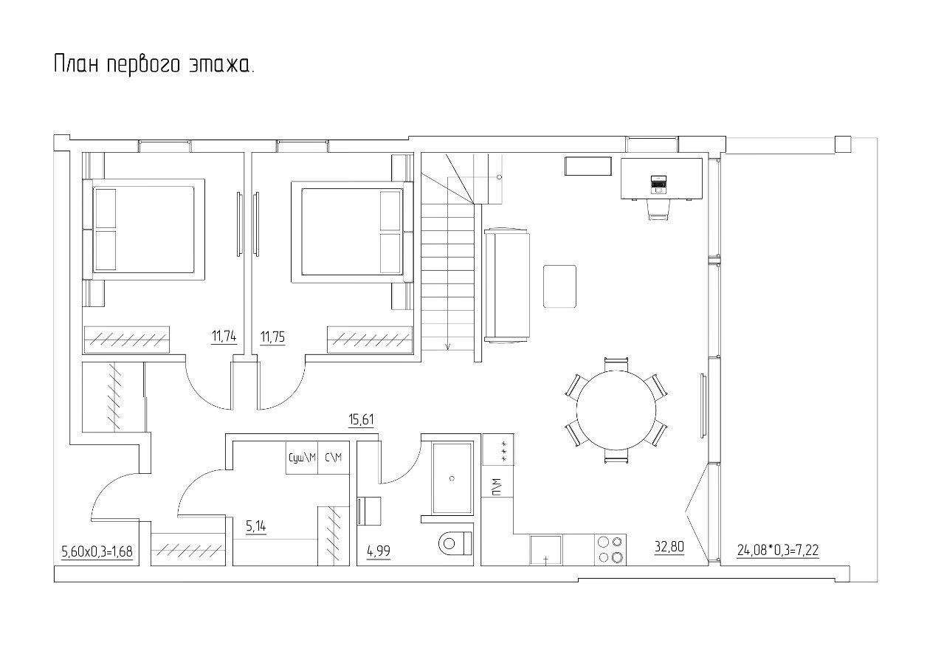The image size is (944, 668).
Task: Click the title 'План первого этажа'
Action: coord(154,65)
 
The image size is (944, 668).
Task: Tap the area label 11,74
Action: coord(224,337)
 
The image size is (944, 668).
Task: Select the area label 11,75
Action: coord(272,337)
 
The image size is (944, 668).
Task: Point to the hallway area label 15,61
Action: coord(361,419)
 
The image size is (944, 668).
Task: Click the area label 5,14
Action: coord(256,526)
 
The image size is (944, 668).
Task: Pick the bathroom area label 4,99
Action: coord(379,551)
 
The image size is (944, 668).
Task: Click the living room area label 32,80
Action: coord(669,547)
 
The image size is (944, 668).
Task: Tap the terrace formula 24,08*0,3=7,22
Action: coord(778,550)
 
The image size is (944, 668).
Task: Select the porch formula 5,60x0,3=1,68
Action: coord(97,551)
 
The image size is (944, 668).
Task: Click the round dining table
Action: coord(616,410)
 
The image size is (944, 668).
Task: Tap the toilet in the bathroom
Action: coord(455,543)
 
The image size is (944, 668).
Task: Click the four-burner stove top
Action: coord(610,550)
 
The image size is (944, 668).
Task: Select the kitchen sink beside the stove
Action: coord(545,550)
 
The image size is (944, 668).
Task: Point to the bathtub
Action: coord(452,478)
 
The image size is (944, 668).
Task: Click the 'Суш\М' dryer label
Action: coord(302,458)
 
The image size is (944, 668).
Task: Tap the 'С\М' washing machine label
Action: coord(334,458)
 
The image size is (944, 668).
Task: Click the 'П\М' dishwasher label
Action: coord(497,486)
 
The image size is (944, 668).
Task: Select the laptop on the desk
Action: coord(658,185)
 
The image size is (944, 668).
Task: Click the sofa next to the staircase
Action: coord(507,286)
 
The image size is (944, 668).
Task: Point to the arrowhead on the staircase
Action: coord(448,346)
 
